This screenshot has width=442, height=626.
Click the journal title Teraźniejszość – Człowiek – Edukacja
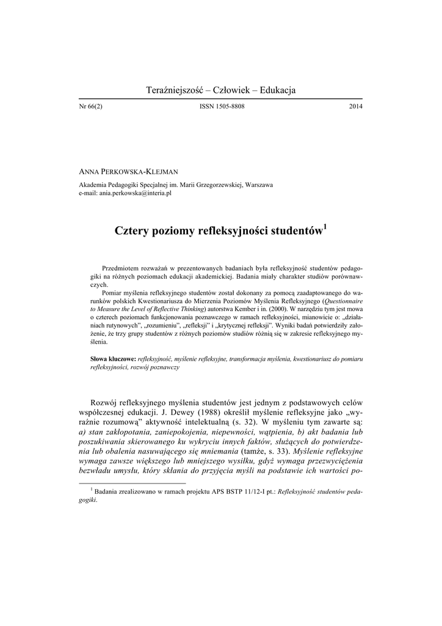(x=221, y=90)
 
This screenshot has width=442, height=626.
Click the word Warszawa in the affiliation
(x=259, y=184)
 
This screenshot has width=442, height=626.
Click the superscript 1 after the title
(x=325, y=227)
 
